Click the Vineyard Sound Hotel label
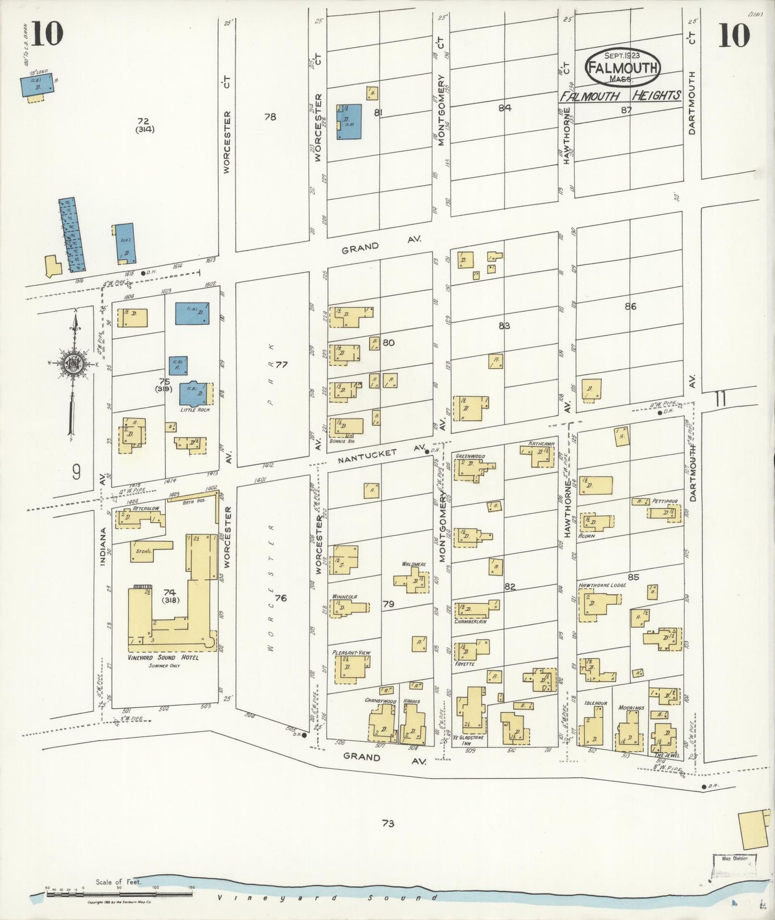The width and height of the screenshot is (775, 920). pos(163,658)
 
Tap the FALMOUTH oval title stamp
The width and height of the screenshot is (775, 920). pos(623,68)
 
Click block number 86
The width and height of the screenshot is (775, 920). pos(630,306)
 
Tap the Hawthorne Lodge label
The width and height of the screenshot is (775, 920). pos(602,585)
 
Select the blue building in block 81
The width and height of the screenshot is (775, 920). pos(349,122)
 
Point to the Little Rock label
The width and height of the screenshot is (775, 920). pos(195,410)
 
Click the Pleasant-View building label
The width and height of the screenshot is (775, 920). pos(351,653)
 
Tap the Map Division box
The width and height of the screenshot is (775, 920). pos(734,859)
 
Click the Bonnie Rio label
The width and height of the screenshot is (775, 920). pos(344,441)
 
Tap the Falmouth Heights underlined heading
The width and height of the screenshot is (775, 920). pos(620,97)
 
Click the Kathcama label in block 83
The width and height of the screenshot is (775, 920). pos(541,444)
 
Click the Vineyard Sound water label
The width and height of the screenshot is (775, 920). pos(327,897)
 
